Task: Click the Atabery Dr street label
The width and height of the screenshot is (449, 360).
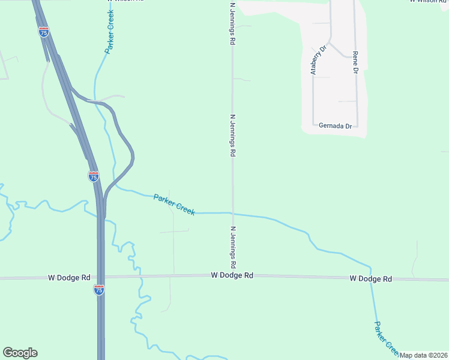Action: coord(318,60)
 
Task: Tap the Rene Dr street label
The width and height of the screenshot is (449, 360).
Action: coord(355,62)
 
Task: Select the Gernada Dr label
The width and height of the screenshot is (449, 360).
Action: coord(335,126)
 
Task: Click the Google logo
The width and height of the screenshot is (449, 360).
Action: coord(20,353)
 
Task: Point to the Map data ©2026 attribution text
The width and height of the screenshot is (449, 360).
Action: coord(424,355)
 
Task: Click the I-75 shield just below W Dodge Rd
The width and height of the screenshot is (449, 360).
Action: coord(99,290)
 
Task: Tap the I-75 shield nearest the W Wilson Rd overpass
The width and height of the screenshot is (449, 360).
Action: coord(44,32)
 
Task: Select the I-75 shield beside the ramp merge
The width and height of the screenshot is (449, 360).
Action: coord(93,176)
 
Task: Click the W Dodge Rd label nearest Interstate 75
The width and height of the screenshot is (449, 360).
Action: coord(70,278)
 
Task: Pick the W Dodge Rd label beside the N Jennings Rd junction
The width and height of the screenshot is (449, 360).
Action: coord(232,275)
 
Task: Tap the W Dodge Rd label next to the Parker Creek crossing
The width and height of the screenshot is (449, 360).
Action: coord(371,279)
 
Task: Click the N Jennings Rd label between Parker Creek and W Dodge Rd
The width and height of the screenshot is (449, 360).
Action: coord(233,247)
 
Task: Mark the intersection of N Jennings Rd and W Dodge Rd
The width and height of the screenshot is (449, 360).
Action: coord(233,276)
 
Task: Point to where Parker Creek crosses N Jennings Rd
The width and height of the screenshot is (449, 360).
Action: coord(233,213)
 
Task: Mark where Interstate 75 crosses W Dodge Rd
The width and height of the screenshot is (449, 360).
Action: coord(100,277)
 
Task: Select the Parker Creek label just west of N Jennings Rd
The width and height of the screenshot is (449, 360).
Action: coord(174,205)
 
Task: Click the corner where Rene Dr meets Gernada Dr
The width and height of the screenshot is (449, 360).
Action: coord(358,126)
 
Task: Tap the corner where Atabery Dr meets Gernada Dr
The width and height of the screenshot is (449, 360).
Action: coord(313,125)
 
